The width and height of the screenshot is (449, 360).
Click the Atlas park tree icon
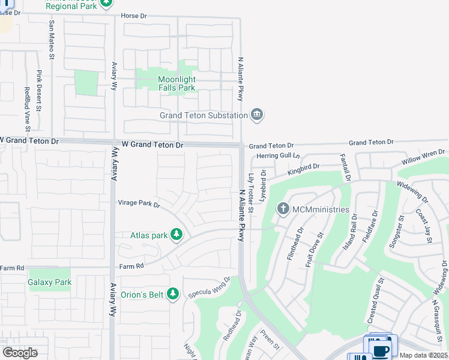click(x=176, y=235)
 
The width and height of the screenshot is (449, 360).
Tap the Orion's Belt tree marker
click(x=173, y=293)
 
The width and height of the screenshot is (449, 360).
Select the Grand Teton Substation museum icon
click(x=258, y=115)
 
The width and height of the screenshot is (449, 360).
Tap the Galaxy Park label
click(x=50, y=282)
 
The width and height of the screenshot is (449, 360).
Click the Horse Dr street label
click(x=133, y=16)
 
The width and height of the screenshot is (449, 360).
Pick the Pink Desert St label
click(x=39, y=91)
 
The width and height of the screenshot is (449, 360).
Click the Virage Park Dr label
click(x=139, y=205)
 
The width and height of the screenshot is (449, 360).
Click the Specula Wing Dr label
click(x=209, y=287)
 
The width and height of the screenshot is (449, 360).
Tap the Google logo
click(x=20, y=352)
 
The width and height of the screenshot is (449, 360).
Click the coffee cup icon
click(x=380, y=350)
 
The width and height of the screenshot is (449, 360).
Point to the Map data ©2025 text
click(x=424, y=355)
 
